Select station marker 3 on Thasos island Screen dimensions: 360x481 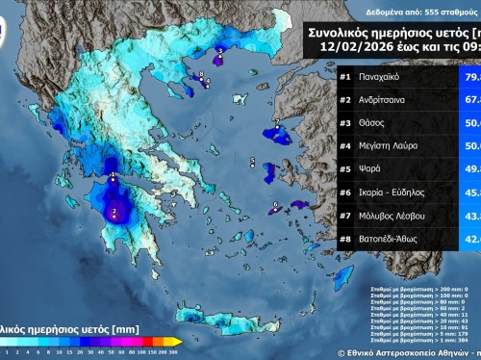[x=219, y=55]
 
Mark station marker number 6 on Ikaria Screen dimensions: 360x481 [x=275, y=204]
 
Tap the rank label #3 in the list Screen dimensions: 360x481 [x=345, y=123]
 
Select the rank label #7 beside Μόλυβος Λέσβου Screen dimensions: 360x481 [x=345, y=217]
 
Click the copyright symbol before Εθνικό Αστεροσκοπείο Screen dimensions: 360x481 [x=342, y=353]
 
